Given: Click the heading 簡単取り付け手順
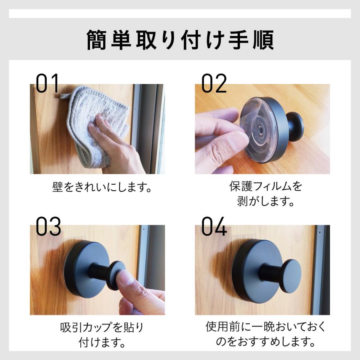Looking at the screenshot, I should coord(180,40).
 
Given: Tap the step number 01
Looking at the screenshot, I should coord(48,84).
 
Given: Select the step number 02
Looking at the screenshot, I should coord(214,84).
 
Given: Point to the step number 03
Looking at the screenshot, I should coord(48,226).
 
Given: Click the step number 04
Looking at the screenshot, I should coord(214,226).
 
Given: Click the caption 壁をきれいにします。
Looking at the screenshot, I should coord(102,187).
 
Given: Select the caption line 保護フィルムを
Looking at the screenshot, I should coord(266,186).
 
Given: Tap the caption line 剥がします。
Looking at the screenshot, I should coord(266,201).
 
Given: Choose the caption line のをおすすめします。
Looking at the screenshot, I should coord(266,342).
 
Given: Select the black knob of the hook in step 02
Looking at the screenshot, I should coord(295,126).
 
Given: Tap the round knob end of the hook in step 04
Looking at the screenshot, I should coord(290,276).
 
